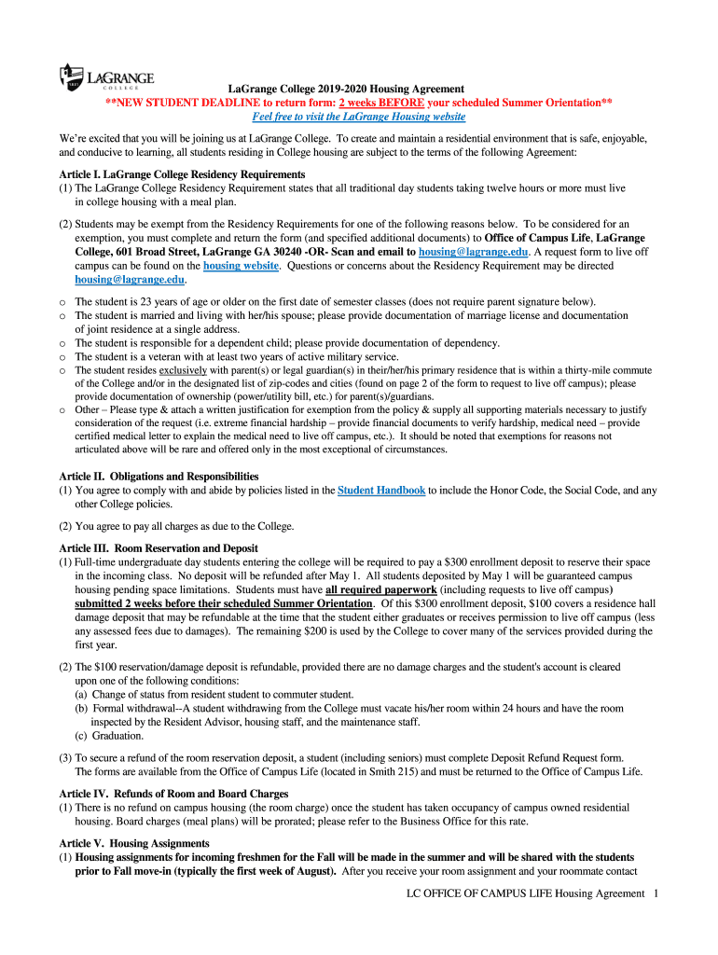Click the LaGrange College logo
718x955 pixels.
click(106, 76)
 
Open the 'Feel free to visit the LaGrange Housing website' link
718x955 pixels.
click(359, 117)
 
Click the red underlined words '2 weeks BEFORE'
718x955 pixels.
click(380, 103)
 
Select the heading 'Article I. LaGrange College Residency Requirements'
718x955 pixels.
click(182, 174)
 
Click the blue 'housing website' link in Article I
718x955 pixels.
click(241, 266)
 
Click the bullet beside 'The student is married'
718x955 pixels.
click(62, 315)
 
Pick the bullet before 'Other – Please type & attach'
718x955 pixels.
click(62, 408)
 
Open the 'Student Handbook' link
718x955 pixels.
click(381, 490)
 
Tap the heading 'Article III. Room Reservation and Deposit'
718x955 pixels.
click(159, 548)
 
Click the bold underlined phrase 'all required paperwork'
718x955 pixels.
click(381, 589)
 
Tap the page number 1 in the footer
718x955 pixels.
click(656, 893)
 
